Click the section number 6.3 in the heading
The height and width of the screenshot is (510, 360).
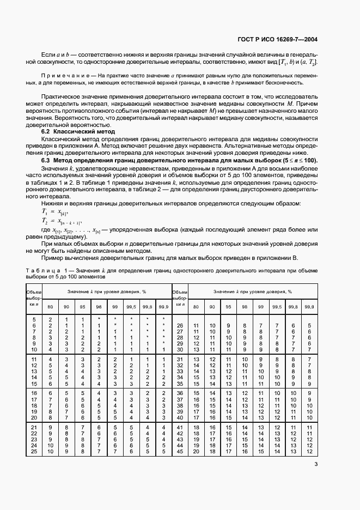[47, 160]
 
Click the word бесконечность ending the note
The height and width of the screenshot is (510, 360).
[282, 83]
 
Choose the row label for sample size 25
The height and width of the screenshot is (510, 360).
[34, 451]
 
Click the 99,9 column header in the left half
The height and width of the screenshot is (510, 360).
[163, 308]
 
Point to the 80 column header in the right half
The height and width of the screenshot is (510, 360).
[196, 308]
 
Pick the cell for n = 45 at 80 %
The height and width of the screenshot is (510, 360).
[196, 451]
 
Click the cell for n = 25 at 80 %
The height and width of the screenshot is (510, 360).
[50, 451]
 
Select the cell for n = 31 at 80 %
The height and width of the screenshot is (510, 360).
[196, 360]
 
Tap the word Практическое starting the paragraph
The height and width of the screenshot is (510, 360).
[65, 95]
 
